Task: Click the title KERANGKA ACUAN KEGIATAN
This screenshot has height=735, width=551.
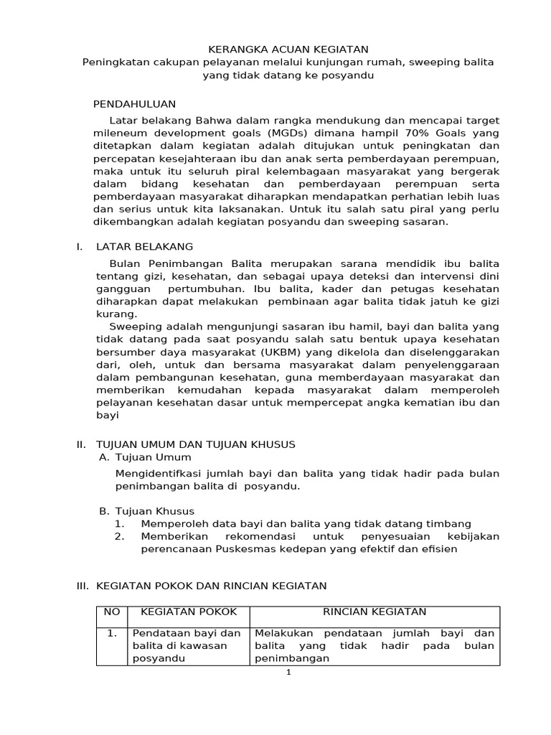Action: pos(288,50)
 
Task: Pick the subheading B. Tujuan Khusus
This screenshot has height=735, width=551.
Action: pos(146,511)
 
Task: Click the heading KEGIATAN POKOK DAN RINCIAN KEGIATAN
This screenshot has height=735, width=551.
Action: pos(211,586)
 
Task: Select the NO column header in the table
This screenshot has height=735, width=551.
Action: pos(112,612)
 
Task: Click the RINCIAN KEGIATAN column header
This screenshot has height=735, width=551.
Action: pos(375,612)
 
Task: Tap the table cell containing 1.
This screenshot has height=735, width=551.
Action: pos(112,634)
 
